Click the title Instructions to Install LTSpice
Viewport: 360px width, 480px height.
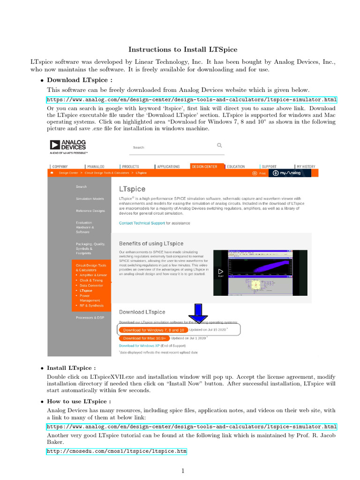(x=183, y=49)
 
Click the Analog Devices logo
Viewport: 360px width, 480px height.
(x=68, y=146)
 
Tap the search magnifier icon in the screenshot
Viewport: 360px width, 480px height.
(x=219, y=145)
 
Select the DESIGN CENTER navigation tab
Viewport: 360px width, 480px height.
(x=204, y=166)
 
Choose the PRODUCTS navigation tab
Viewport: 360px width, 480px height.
(x=131, y=166)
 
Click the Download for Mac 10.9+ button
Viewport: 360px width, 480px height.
(x=144, y=338)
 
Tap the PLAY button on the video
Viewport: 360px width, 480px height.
(x=220, y=272)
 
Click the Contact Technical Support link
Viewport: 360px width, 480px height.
(x=142, y=223)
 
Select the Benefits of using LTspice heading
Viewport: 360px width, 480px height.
(x=151, y=244)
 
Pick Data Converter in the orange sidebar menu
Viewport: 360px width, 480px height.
(x=91, y=285)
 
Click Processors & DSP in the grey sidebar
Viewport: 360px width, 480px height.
(x=90, y=317)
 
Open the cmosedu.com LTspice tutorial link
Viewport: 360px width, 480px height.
(x=116, y=451)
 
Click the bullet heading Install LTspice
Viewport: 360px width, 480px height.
(x=79, y=368)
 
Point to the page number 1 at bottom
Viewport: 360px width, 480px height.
(x=183, y=471)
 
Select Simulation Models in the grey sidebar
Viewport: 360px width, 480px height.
(x=90, y=199)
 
